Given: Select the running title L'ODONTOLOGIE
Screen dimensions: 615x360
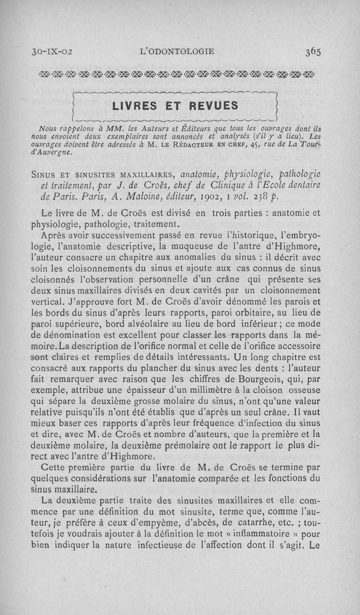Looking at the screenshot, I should pos(178,51).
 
